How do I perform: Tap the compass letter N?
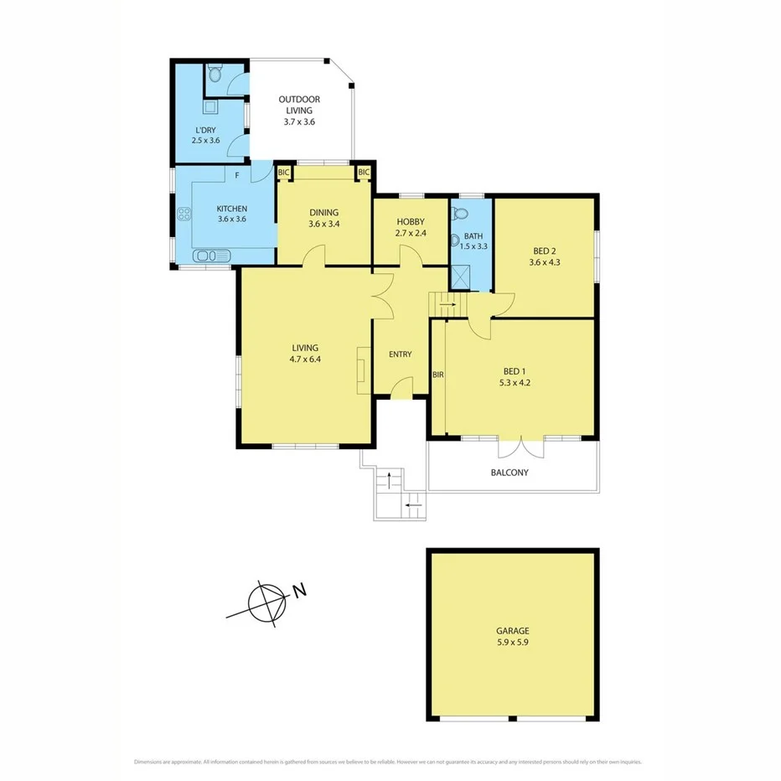(x=299, y=591)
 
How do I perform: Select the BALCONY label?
(x=509, y=473)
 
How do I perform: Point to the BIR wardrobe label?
(x=437, y=375)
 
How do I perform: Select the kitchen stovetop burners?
(x=183, y=215)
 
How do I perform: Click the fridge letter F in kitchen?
(x=237, y=176)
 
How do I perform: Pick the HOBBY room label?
(x=411, y=221)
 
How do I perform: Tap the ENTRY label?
(x=401, y=354)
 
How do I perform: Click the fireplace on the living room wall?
(x=362, y=370)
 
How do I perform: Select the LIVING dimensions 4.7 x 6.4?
(x=305, y=359)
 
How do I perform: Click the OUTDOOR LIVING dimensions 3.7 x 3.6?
(x=299, y=122)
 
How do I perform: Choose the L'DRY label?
(x=205, y=129)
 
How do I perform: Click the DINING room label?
(x=323, y=212)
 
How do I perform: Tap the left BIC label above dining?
(x=283, y=173)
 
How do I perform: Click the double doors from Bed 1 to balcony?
(x=520, y=446)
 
